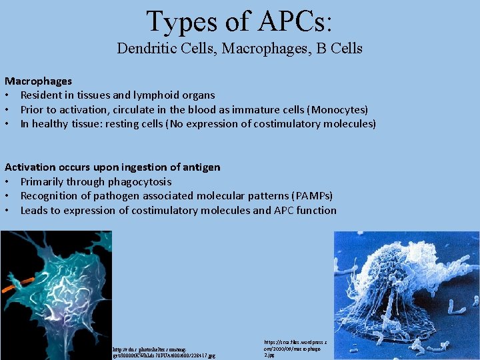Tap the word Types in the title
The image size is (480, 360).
179,21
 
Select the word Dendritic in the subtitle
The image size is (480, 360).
143,48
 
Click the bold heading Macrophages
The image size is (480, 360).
39,81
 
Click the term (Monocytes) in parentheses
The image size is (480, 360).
335,109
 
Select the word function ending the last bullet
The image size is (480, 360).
316,211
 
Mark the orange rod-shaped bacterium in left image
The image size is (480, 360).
15,285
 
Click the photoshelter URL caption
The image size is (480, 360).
163,352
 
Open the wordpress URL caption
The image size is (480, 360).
296,347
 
